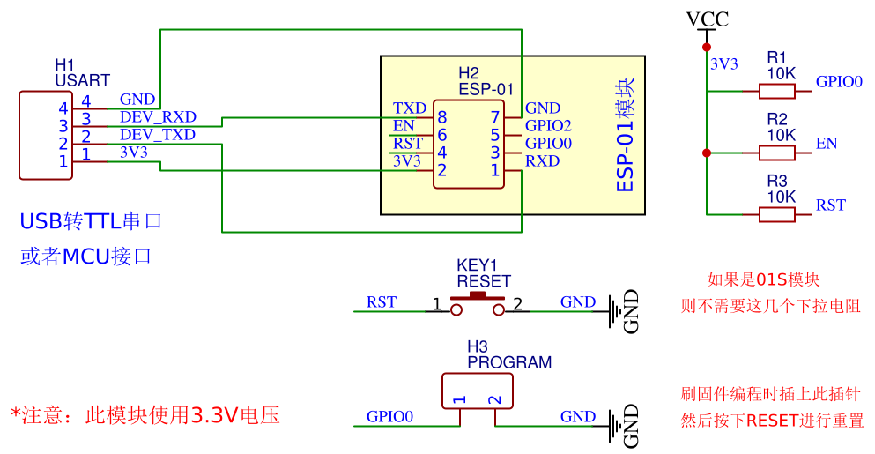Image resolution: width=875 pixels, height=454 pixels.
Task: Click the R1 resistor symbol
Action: click(x=776, y=90)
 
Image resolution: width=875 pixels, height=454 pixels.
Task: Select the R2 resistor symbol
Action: click(x=776, y=153)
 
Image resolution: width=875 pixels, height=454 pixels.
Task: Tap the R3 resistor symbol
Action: click(x=776, y=214)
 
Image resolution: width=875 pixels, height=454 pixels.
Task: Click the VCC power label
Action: click(x=707, y=19)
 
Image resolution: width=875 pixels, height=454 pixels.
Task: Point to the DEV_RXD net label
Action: click(x=158, y=117)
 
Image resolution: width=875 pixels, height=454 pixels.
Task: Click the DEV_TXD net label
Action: click(x=158, y=135)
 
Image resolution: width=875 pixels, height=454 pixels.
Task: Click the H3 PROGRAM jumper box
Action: click(x=478, y=392)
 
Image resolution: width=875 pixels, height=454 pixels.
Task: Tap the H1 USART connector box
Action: click(x=46, y=135)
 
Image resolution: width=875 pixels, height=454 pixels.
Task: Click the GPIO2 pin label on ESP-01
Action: click(x=548, y=126)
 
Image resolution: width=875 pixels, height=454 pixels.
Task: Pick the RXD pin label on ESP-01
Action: click(x=542, y=161)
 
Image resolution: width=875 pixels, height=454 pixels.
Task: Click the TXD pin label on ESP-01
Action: click(x=410, y=108)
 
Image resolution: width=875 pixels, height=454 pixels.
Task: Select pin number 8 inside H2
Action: click(x=441, y=117)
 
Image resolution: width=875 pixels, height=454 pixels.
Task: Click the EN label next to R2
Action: click(x=826, y=144)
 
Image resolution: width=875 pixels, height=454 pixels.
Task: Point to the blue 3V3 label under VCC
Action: click(x=723, y=63)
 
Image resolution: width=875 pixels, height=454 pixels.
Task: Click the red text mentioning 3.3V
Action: click(x=145, y=414)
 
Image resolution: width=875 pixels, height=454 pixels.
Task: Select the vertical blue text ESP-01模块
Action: click(x=625, y=136)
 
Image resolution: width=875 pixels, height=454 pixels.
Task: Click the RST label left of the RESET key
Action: click(x=381, y=302)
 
